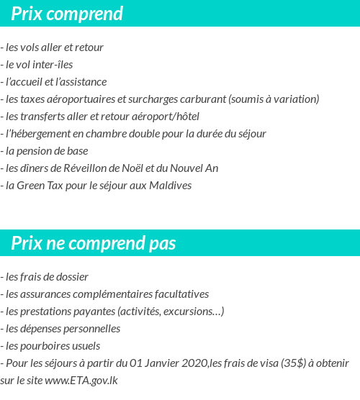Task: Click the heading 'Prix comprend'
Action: [x=67, y=14]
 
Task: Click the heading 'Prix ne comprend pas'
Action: [x=94, y=244]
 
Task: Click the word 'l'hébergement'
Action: [x=35, y=134]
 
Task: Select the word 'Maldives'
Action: [x=170, y=186]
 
